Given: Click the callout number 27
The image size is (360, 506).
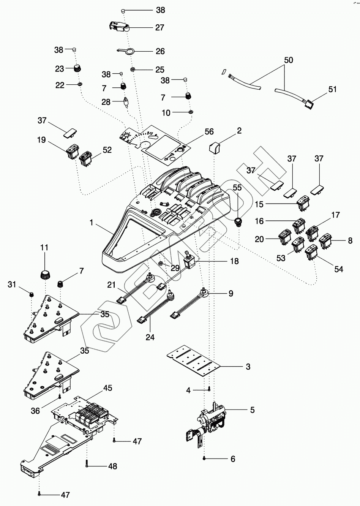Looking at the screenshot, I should (x=159, y=27).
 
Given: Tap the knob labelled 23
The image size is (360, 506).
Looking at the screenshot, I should (x=77, y=69).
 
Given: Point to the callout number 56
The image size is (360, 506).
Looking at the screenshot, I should (x=209, y=132).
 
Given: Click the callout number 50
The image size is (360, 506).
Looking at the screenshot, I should (x=288, y=60).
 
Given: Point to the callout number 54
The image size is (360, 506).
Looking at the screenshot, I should (x=338, y=269).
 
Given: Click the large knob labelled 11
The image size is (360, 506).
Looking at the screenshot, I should (x=45, y=272).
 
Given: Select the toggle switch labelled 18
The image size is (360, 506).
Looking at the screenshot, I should (x=189, y=262).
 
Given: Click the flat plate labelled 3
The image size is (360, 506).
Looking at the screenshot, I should (x=194, y=358).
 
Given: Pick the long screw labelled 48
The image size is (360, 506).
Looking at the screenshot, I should (x=87, y=464).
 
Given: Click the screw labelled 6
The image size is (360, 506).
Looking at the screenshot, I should (x=205, y=459).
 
